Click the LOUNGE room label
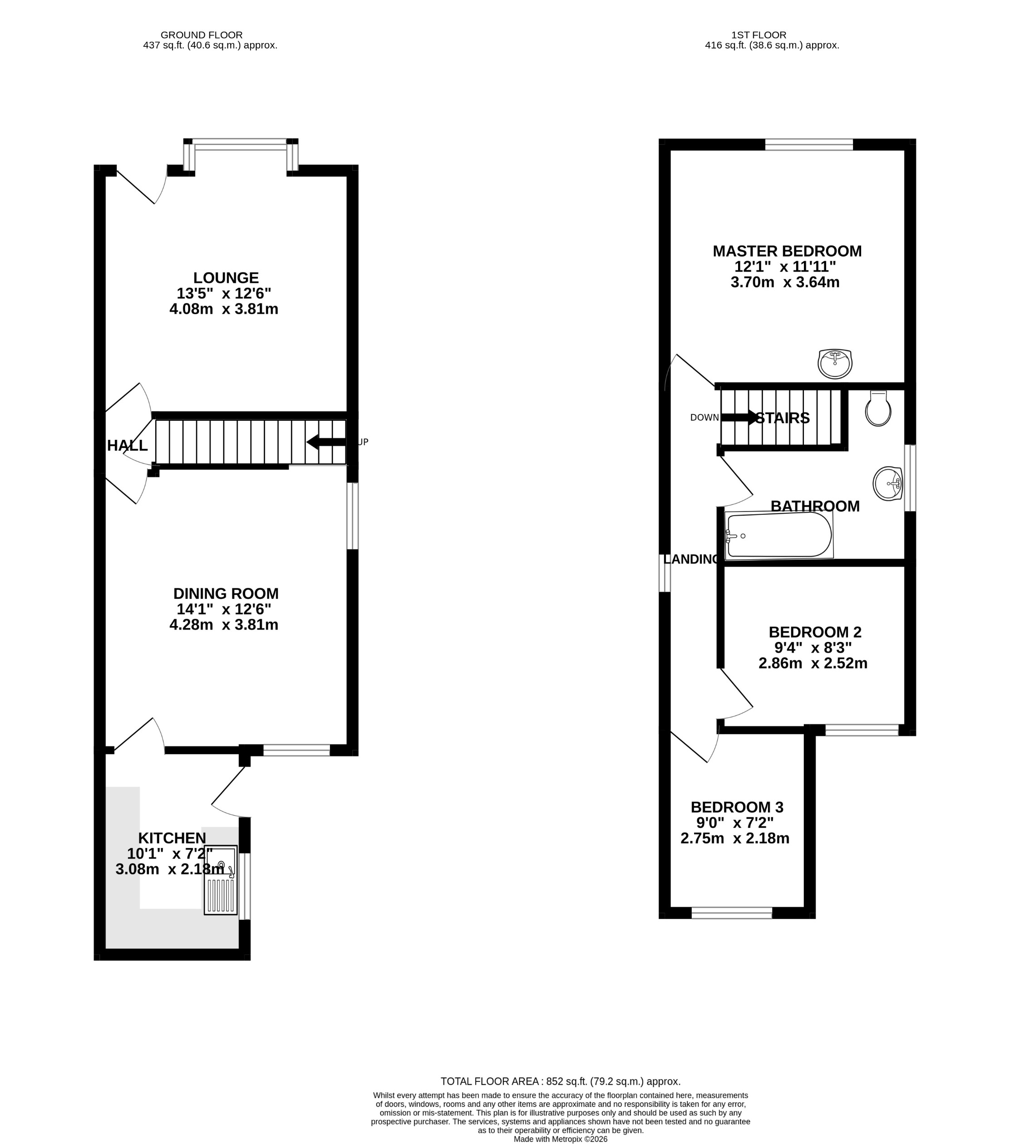[x=226, y=278]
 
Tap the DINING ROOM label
[x=226, y=594]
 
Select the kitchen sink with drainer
[x=221, y=880]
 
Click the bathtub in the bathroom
[x=778, y=536]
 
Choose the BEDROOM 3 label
[x=736, y=808]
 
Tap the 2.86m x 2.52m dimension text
[x=813, y=664]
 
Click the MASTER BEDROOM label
[x=787, y=251]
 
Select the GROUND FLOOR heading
[x=202, y=35]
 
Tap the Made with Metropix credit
[x=560, y=1139]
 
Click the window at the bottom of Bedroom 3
[x=731, y=914]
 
